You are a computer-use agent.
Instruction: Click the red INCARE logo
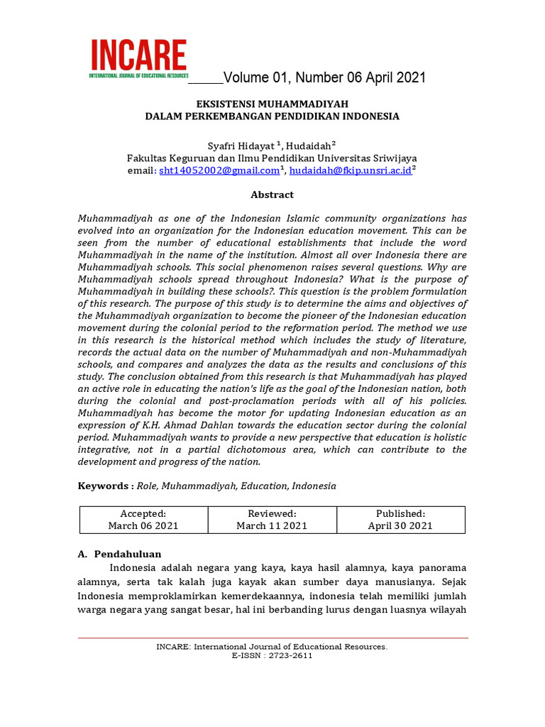[138, 56]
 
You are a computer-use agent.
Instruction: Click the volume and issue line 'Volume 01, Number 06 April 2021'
[324, 77]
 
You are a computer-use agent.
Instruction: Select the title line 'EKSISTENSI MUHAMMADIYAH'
[272, 103]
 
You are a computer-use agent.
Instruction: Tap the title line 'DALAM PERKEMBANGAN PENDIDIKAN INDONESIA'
[272, 116]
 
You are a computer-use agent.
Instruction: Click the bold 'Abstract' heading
[272, 195]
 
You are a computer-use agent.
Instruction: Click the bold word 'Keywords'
[102, 486]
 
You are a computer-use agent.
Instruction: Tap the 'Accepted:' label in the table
[143, 513]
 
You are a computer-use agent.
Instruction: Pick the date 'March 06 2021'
[143, 526]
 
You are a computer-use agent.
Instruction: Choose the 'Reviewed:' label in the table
[272, 513]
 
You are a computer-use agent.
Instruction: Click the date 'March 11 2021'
[272, 526]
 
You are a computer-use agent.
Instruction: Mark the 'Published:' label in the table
[400, 513]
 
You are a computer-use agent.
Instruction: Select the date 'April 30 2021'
[400, 526]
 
